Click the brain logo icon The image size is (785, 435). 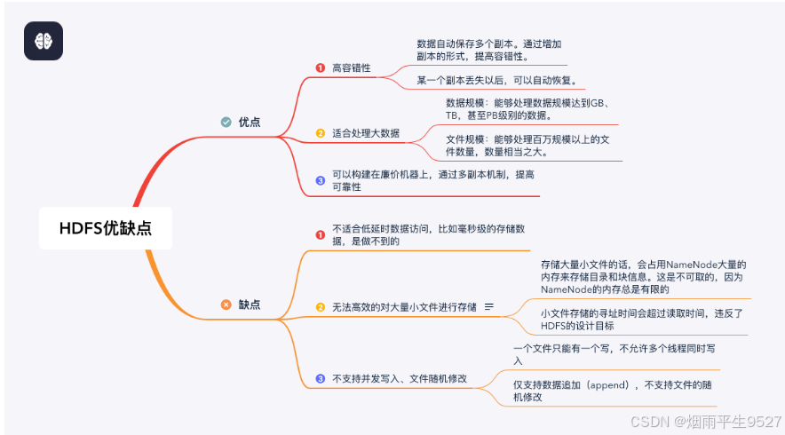44,41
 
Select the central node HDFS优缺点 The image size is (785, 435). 105,227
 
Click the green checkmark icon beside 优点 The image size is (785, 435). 226,122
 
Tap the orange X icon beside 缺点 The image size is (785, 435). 226,304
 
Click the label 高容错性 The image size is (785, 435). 351,67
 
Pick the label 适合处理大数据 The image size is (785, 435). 365,133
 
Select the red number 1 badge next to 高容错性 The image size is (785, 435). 321,67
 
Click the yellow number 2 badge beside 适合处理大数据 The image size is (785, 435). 321,133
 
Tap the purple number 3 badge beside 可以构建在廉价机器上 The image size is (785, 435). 321,181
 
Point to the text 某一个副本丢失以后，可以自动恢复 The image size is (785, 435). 497,81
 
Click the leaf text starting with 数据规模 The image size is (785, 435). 531,108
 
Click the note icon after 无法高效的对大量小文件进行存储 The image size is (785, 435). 488,307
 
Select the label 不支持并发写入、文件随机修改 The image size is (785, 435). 399,378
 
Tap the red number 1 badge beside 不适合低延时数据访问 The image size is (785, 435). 321,234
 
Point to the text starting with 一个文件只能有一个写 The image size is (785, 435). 601,354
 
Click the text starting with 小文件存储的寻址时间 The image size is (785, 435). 640,319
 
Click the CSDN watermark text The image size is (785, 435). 705,421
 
